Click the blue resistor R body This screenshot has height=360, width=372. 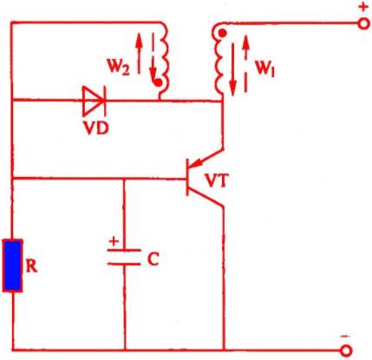tap(13, 265)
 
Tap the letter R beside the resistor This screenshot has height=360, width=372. tap(31, 266)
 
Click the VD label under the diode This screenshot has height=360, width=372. tap(96, 128)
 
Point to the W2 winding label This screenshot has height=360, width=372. tap(119, 67)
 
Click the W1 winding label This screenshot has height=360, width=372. tap(264, 69)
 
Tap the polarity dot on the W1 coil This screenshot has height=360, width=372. tap(222, 34)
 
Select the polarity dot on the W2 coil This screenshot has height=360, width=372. tap(158, 83)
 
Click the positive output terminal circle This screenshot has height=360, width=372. tap(363, 23)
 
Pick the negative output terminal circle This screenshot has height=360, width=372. tap(346, 350)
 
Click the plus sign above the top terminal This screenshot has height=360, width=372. tap(363, 7)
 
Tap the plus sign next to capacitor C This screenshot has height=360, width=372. tap(114, 241)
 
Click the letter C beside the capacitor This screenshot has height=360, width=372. tap(153, 259)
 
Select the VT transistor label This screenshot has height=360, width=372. tap(217, 180)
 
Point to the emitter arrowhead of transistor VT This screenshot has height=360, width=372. tap(194, 164)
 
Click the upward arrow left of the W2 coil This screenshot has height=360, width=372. tap(139, 53)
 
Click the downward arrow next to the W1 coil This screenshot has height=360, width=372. tap(232, 69)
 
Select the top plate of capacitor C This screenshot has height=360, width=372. tap(124, 250)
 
